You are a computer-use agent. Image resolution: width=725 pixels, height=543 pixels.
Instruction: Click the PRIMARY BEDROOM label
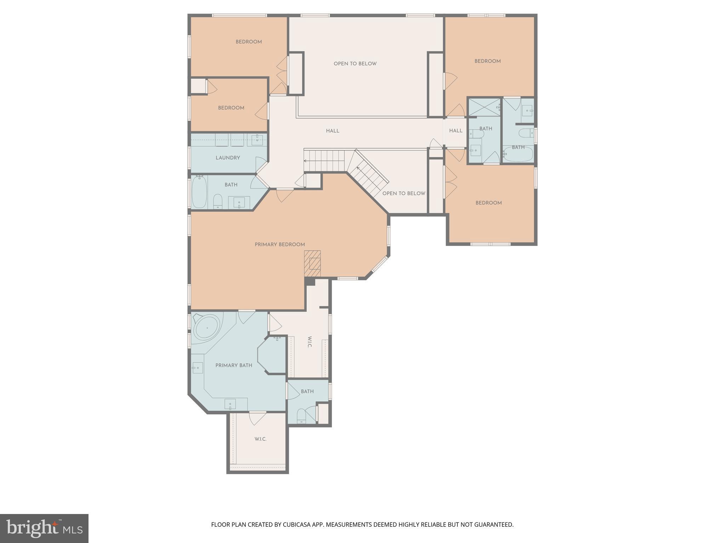pos(280,245)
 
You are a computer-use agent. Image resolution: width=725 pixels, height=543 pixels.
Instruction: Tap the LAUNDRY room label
pos(228,158)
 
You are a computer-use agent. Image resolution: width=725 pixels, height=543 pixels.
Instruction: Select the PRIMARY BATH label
pos(234,366)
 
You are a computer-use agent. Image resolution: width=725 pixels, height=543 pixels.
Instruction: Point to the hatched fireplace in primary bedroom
pos(313,264)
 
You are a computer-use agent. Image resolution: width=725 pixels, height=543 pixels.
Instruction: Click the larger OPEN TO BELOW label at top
pos(355,64)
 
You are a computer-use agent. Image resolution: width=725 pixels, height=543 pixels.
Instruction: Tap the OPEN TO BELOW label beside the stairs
pos(404,194)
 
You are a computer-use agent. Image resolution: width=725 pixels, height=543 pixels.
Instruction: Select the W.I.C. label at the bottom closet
pos(260,439)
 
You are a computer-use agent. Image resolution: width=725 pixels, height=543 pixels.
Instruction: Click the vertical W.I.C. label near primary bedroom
pos(309,342)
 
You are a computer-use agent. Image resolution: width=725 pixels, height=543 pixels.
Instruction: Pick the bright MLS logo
pos(44,528)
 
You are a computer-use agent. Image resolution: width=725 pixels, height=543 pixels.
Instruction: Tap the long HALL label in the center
pos(332,131)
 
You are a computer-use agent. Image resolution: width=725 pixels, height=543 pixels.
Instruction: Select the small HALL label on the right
pos(456,131)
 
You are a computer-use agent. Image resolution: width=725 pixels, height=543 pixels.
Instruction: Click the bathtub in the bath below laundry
pos(199,192)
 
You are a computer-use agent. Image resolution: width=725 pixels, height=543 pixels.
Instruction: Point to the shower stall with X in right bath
pos(484,107)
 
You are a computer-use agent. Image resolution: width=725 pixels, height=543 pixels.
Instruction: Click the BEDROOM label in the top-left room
pos(249,42)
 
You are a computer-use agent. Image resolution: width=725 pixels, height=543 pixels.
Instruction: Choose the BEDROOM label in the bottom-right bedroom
pos(489,203)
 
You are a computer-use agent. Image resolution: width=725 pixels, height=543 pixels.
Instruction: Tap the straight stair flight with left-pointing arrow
pos(324,161)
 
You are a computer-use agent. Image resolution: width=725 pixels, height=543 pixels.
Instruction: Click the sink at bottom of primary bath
pos(230,404)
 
